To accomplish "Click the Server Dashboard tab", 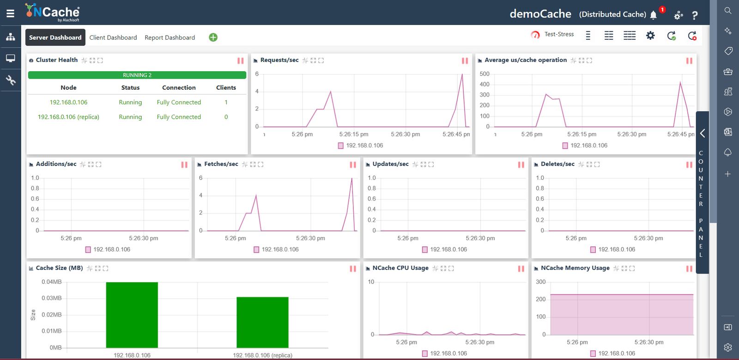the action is coord(55,37).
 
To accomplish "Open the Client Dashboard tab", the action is coord(113,37).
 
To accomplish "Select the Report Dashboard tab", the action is coord(170,37).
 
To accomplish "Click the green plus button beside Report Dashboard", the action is coord(213,37).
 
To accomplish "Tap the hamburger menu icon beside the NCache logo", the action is coord(10,13).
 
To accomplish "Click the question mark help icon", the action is coord(695,15).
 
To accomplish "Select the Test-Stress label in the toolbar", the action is coord(559,34).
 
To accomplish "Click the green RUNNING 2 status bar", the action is coord(137,75).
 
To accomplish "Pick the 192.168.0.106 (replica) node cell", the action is coord(68,117).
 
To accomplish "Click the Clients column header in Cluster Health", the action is coord(226,87).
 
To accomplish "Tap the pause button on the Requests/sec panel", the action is coord(465,61).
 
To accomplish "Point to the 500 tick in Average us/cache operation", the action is coord(485,73).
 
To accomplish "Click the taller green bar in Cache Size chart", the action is coord(132,315).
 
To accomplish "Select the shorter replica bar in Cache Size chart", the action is coord(263,323).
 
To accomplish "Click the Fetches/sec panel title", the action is coord(221,164).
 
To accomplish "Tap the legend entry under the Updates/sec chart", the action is coord(444,250).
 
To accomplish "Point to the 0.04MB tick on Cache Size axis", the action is coord(51,282).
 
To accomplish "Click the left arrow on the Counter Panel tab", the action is coord(703,133).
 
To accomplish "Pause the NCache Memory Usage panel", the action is coord(689,268).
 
